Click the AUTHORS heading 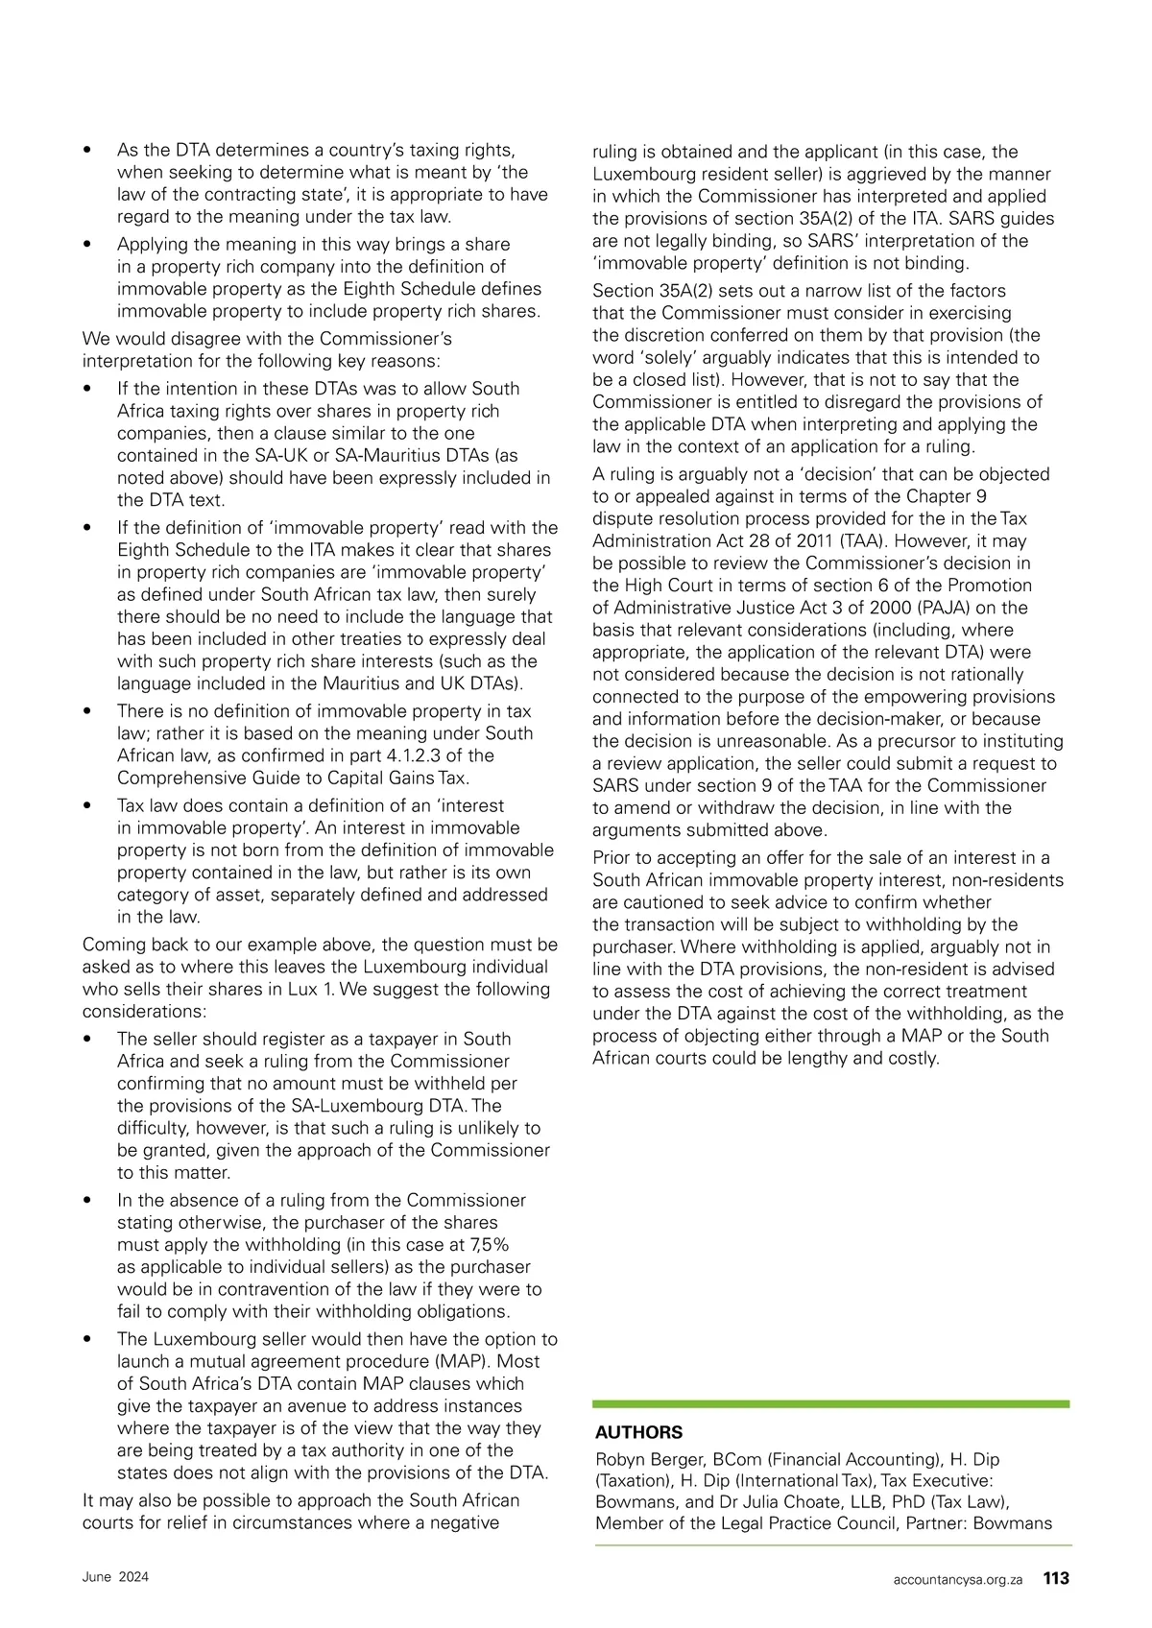click(638, 1432)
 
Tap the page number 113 click(1056, 1578)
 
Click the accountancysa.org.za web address click(957, 1579)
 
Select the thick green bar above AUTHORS click(830, 1403)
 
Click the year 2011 click(801, 540)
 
